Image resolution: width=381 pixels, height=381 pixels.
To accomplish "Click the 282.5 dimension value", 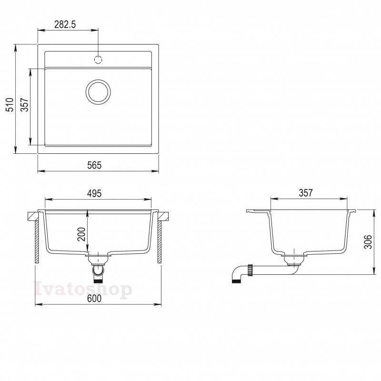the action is (x=65, y=24).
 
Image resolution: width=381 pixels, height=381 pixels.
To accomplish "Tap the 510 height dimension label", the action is (x=10, y=105).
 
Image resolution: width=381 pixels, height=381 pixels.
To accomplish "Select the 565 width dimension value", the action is (x=94, y=165).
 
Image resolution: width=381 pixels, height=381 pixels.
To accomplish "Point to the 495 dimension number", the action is (x=94, y=193).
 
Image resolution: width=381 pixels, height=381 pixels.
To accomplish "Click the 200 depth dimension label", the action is (x=81, y=234).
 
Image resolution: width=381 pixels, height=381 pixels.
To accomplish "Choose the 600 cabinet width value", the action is (x=94, y=299).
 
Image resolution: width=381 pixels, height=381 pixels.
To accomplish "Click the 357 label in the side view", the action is (x=306, y=193).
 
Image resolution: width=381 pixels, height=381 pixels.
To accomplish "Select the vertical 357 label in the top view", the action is (x=24, y=105).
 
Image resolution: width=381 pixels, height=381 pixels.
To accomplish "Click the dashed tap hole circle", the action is (x=98, y=60).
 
